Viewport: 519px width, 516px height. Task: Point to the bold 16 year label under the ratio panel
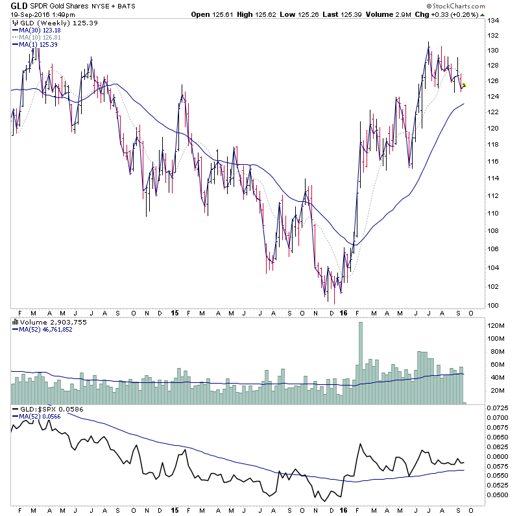pos(344,510)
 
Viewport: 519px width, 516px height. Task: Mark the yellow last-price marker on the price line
pos(465,85)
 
